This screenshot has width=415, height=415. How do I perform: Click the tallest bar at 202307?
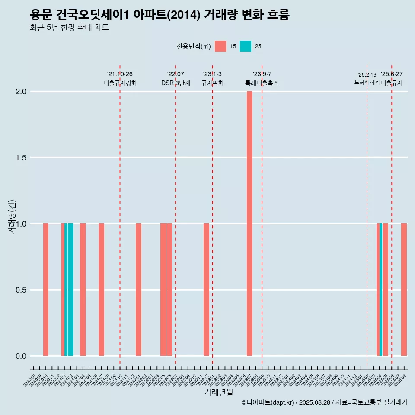click(249, 223)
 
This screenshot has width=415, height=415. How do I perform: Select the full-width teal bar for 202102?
click(70, 290)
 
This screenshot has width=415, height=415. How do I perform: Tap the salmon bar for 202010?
click(46, 290)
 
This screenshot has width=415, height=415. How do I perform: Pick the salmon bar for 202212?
click(206, 290)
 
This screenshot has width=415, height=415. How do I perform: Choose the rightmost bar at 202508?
click(404, 290)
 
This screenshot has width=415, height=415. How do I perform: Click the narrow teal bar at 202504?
click(381, 290)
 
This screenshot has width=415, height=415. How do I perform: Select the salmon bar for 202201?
click(138, 290)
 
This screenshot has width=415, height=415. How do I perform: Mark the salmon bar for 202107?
click(101, 290)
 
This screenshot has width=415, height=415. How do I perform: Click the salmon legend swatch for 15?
click(220, 46)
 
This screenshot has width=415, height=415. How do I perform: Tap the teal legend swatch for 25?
click(246, 46)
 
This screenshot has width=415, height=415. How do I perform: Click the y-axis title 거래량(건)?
click(12, 216)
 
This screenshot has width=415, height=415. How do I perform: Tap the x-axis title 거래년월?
click(218, 393)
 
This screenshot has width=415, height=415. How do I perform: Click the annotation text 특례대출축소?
click(262, 83)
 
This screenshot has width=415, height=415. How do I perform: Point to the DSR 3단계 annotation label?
click(176, 83)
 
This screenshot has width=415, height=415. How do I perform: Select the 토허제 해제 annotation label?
click(367, 82)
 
